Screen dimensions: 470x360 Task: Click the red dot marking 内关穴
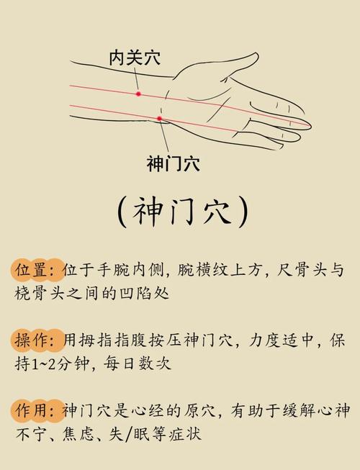[138, 94]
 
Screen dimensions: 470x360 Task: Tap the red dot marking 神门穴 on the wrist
[160, 119]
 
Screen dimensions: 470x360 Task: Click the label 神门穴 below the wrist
[173, 164]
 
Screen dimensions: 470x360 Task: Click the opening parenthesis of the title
[123, 212]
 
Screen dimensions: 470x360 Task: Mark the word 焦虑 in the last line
[85, 434]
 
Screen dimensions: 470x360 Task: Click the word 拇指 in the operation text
[96, 340]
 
